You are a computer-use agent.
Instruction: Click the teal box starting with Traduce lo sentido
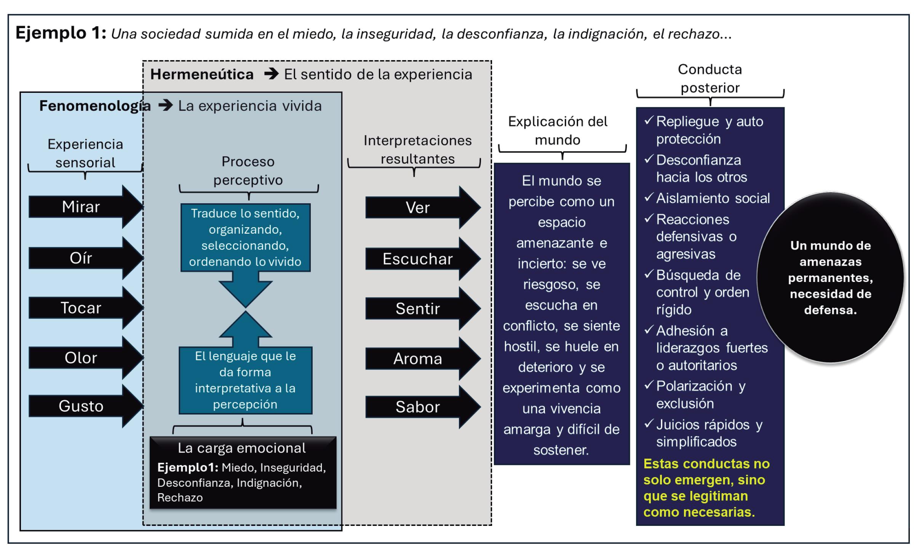[245, 237]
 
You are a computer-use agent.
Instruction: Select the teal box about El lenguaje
[245, 380]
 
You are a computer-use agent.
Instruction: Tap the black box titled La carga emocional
[243, 473]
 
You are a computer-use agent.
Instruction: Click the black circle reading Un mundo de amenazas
[830, 277]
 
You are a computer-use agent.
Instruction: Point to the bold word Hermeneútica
[202, 75]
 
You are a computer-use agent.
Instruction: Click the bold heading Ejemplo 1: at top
[61, 33]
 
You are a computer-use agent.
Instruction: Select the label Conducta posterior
[710, 78]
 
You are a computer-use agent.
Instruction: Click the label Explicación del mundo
[558, 131]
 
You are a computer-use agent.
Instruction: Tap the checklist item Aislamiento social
[713, 198]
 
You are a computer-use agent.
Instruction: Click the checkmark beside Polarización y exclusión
[649, 385]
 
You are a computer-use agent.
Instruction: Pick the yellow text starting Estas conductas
[706, 488]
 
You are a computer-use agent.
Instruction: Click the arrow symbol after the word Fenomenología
[166, 105]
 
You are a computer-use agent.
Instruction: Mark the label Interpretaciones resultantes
[417, 150]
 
